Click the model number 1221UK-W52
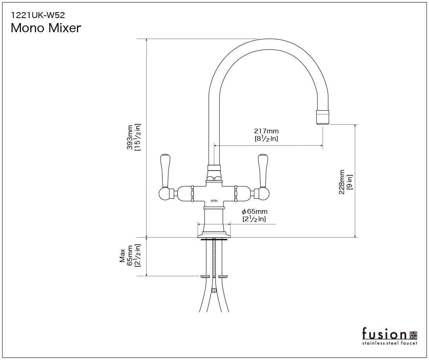click(38, 15)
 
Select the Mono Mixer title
click(46, 28)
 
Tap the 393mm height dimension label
click(130, 137)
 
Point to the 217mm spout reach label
click(266, 131)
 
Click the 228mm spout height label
click(342, 182)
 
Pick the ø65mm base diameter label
click(254, 212)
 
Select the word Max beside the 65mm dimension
click(122, 256)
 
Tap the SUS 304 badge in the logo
click(413, 335)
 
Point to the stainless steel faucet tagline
click(390, 343)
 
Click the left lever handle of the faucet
click(165, 170)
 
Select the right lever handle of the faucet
click(263, 170)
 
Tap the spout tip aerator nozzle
click(323, 117)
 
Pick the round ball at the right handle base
click(263, 193)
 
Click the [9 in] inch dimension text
click(349, 182)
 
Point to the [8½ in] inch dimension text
click(266, 138)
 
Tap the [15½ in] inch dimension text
click(137, 137)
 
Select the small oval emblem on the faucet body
click(214, 201)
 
